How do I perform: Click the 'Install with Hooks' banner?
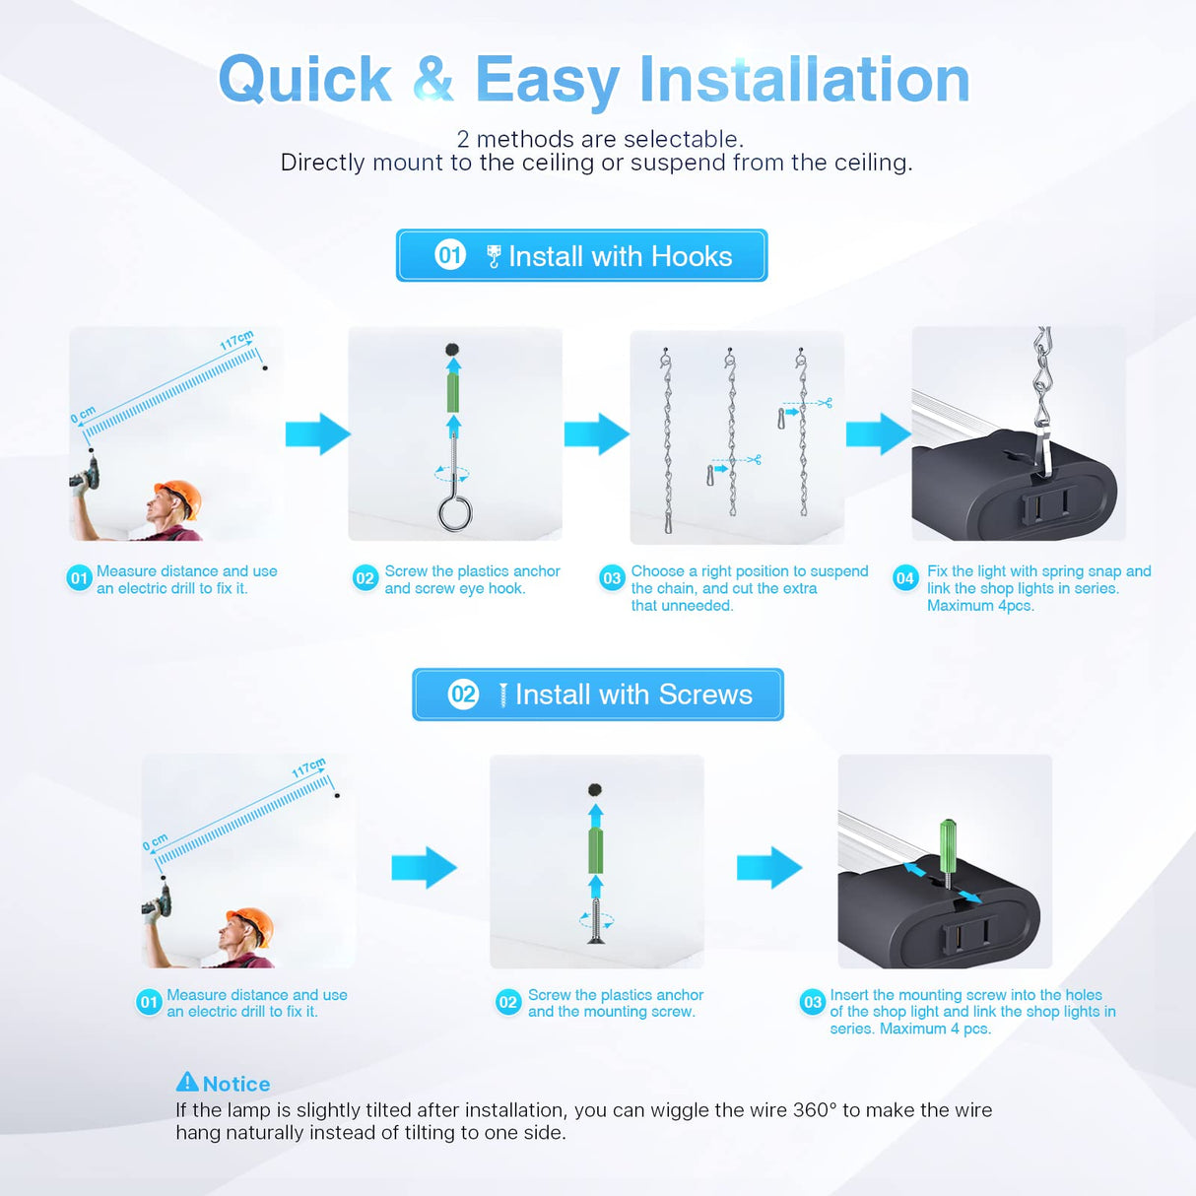point(581,256)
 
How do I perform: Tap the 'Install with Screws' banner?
point(597,695)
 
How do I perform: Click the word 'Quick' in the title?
point(304,80)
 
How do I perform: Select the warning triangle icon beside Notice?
point(187,1082)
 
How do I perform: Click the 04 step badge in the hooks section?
point(904,578)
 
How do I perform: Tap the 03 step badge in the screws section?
point(812,1002)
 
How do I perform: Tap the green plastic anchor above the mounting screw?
point(595,850)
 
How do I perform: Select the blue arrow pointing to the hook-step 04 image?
point(878,433)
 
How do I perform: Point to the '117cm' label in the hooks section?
point(236,341)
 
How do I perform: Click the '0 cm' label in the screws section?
point(155,843)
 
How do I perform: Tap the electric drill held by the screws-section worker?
point(158,899)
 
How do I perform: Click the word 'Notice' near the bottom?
point(236,1084)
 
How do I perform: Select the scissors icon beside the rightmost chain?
point(825,402)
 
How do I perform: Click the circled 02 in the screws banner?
point(463,695)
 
